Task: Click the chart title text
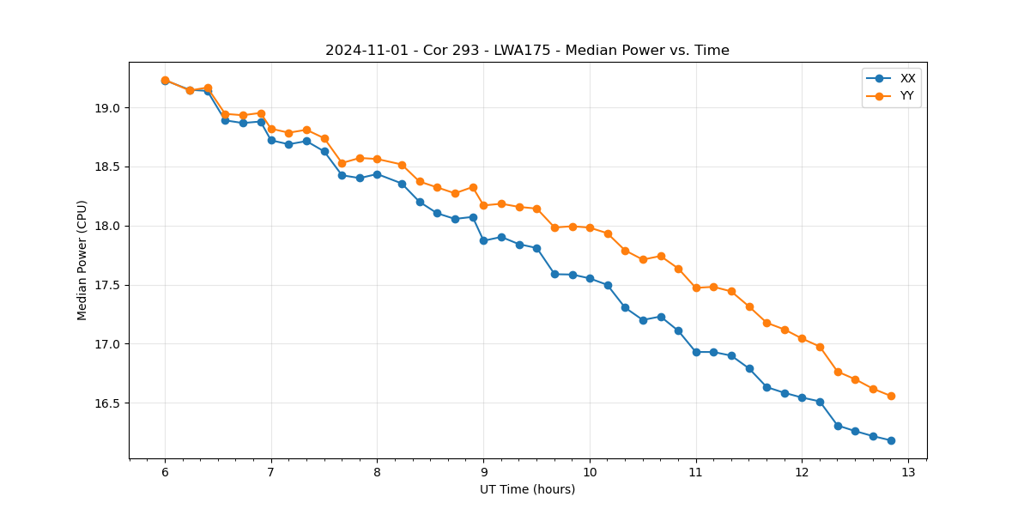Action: (527, 51)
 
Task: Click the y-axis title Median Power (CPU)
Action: (82, 260)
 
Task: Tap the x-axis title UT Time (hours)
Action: (527, 489)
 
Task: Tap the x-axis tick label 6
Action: (165, 473)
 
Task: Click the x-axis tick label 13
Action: (908, 473)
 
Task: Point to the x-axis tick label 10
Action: (590, 473)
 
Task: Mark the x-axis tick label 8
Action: (377, 473)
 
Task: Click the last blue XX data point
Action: (891, 440)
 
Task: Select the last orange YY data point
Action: (891, 396)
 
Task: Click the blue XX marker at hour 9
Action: (483, 240)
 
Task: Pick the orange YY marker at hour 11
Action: (696, 288)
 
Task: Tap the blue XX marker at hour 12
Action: (802, 397)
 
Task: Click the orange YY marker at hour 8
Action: (377, 159)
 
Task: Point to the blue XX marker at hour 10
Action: (590, 278)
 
